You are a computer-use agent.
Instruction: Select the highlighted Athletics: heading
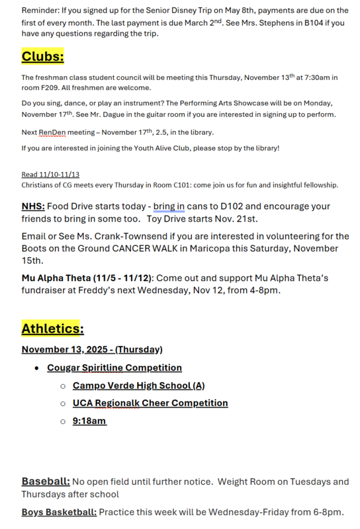(x=52, y=328)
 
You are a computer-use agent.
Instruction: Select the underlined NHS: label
(x=33, y=206)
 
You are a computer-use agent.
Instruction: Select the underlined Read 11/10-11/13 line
(x=50, y=175)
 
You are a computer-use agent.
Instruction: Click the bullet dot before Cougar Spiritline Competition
(x=37, y=368)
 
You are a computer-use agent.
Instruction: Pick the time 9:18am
(x=89, y=421)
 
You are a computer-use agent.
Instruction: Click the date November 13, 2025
(x=67, y=349)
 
